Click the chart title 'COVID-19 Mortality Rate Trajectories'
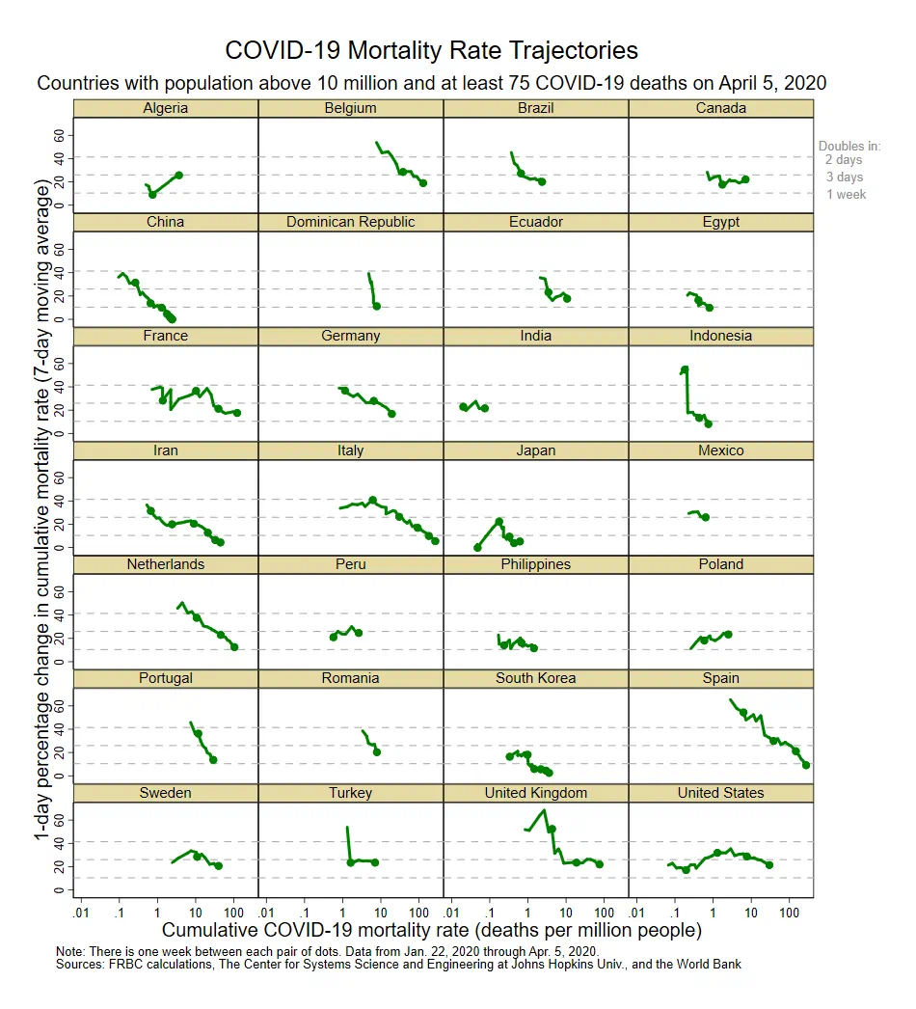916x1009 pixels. (431, 50)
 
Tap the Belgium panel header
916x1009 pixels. (351, 108)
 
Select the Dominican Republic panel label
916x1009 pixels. (351, 222)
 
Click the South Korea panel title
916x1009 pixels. (536, 678)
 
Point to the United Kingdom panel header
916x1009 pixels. (536, 793)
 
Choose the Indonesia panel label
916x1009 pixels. (720, 336)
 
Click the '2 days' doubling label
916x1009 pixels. (844, 159)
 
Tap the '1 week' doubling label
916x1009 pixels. (846, 194)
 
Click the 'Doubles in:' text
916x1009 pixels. (849, 146)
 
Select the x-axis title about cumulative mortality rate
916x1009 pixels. (432, 930)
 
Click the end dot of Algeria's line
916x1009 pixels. (178, 175)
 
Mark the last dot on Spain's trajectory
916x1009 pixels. (806, 765)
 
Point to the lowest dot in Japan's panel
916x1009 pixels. (477, 548)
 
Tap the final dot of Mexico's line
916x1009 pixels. (706, 517)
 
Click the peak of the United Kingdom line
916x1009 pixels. (545, 810)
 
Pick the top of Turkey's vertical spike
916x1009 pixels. (347, 827)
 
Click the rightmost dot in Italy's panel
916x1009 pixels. (436, 541)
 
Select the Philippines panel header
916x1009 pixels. (536, 564)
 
